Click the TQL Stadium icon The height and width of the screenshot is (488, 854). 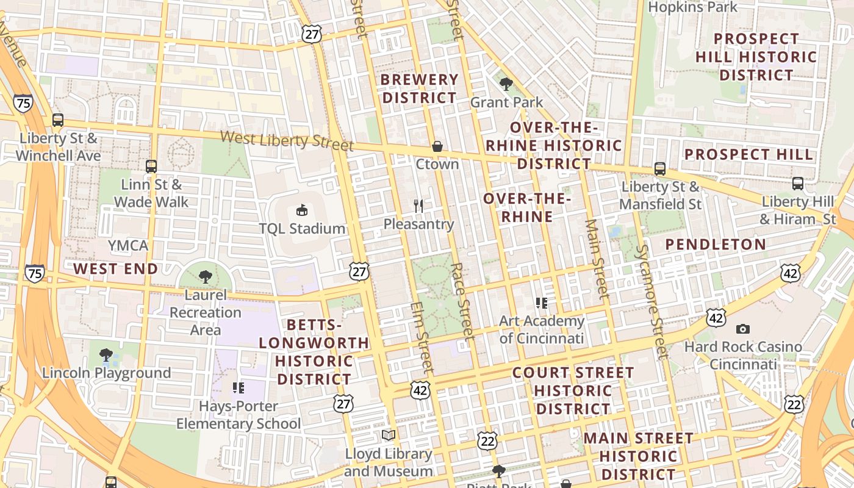[x=302, y=210]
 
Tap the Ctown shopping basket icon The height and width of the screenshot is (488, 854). [x=437, y=146]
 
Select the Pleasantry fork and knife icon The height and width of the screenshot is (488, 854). [x=418, y=206]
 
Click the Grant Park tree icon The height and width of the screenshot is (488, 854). [x=506, y=84]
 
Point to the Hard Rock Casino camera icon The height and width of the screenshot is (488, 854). [x=742, y=329]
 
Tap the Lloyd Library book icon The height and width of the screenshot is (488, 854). [x=389, y=436]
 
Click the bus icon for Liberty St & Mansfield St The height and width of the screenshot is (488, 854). [x=660, y=169]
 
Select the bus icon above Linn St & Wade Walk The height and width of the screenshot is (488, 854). [x=151, y=166]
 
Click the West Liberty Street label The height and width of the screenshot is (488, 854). [x=287, y=140]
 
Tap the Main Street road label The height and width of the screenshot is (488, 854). [x=597, y=259]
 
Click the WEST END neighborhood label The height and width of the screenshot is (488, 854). [x=116, y=269]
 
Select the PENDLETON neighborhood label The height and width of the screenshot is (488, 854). [x=716, y=245]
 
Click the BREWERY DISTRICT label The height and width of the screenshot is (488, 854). [x=420, y=88]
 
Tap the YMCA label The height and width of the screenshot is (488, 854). [x=128, y=246]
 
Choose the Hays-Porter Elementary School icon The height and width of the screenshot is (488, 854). [x=239, y=388]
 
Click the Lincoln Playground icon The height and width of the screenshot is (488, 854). [x=106, y=355]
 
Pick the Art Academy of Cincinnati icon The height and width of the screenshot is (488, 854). [x=541, y=303]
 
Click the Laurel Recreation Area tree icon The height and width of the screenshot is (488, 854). [x=206, y=277]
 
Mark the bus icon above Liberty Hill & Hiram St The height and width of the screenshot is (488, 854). [x=798, y=183]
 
